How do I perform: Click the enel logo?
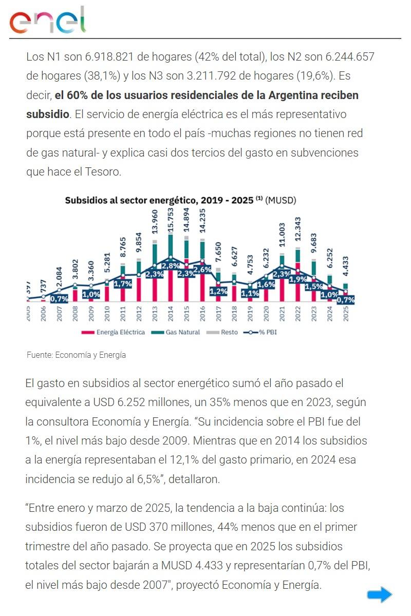(x=47, y=21)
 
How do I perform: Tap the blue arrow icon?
(x=379, y=594)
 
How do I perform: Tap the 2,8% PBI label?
(x=170, y=266)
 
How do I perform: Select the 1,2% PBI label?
(x=218, y=291)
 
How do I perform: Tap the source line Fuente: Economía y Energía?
(x=76, y=355)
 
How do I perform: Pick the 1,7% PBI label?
(x=123, y=283)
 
